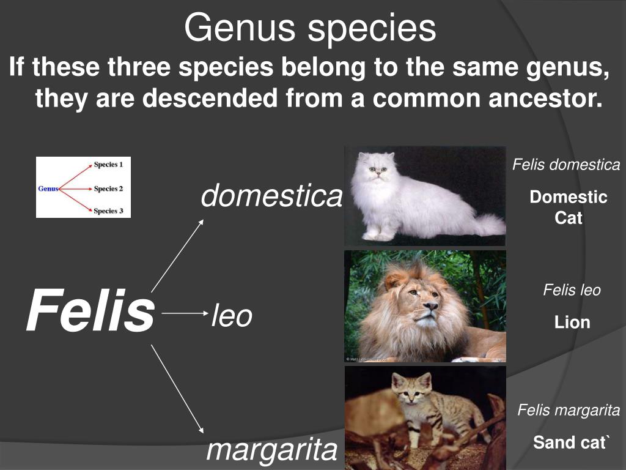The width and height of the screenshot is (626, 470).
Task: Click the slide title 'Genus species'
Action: (x=310, y=28)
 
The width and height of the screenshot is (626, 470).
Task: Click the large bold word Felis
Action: (x=89, y=311)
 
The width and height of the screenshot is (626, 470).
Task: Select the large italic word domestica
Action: (x=271, y=196)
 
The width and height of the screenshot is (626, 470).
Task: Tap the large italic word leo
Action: (x=232, y=316)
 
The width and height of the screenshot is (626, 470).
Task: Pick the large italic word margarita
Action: (x=271, y=450)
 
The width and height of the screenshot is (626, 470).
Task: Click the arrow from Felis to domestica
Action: (x=177, y=255)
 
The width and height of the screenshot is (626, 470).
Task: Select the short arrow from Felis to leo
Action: (x=185, y=313)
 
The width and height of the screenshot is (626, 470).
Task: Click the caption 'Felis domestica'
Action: (x=566, y=165)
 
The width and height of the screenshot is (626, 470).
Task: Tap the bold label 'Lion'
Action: (x=572, y=322)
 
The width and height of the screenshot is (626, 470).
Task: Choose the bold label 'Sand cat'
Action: (x=571, y=442)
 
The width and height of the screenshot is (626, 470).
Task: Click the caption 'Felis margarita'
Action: (x=569, y=410)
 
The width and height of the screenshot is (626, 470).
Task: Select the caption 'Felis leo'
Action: (x=572, y=290)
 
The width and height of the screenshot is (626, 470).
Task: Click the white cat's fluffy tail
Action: (x=487, y=224)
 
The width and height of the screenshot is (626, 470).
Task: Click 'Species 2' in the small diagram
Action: (x=108, y=188)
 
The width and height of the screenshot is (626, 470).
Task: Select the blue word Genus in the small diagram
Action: (x=48, y=188)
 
